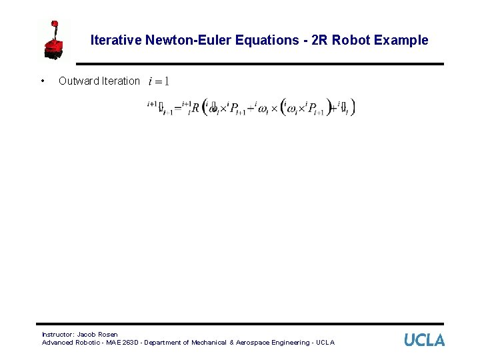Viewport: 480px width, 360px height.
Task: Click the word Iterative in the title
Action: [x=115, y=40]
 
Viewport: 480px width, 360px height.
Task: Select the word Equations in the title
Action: [x=255, y=40]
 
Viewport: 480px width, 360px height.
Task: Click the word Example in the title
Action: [x=401, y=40]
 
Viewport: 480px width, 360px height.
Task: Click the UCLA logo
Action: [x=424, y=340]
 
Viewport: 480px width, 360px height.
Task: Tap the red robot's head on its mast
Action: [x=55, y=25]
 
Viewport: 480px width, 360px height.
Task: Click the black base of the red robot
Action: [x=53, y=56]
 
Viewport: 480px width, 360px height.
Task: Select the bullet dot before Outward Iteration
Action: [x=43, y=81]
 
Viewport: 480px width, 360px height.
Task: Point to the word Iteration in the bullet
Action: [x=121, y=81]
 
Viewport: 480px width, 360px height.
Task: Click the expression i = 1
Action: [x=159, y=81]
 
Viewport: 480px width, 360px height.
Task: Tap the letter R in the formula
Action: [x=195, y=108]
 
